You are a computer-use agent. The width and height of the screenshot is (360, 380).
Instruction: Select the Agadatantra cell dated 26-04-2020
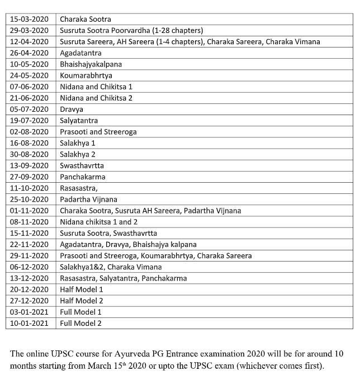pyautogui.click(x=80, y=53)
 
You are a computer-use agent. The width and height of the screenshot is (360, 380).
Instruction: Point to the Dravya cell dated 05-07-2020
pyautogui.click(x=72, y=110)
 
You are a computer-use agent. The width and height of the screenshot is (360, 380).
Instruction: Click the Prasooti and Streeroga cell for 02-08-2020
pyautogui.click(x=98, y=132)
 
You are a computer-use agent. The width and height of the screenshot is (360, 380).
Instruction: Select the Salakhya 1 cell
pyautogui.click(x=78, y=143)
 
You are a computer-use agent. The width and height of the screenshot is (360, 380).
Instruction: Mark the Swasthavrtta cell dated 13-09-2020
pyautogui.click(x=82, y=165)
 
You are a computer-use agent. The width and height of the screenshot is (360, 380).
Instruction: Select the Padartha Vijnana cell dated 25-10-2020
pyautogui.click(x=89, y=199)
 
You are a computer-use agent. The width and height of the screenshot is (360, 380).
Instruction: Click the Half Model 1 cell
pyautogui.click(x=82, y=289)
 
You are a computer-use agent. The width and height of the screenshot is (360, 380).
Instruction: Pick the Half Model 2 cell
pyautogui.click(x=82, y=301)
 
